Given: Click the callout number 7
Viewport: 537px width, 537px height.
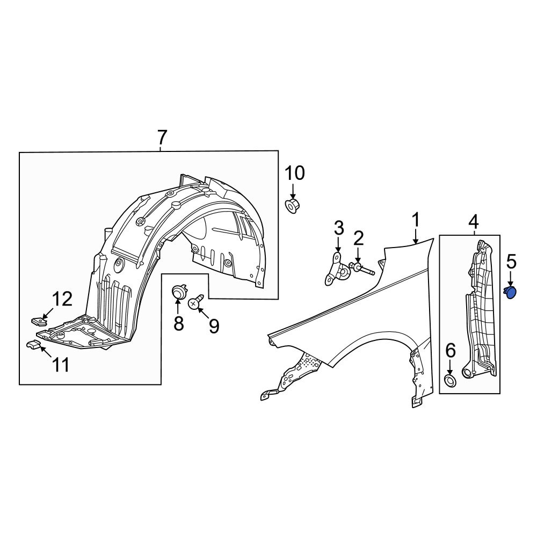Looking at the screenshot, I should (162, 139).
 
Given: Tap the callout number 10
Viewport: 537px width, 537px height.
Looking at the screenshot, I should (294, 173).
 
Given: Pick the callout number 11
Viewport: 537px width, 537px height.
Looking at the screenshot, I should (60, 365).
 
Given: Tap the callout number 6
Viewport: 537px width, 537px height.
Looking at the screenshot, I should (450, 351).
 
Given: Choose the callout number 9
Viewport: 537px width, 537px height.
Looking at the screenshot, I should (214, 326).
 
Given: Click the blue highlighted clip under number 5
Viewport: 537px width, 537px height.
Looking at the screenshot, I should (511, 292).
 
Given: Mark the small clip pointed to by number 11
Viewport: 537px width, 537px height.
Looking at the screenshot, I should (34, 344).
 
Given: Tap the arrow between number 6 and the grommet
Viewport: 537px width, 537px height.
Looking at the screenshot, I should (450, 368).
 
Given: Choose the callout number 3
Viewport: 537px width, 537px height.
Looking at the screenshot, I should (339, 228).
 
